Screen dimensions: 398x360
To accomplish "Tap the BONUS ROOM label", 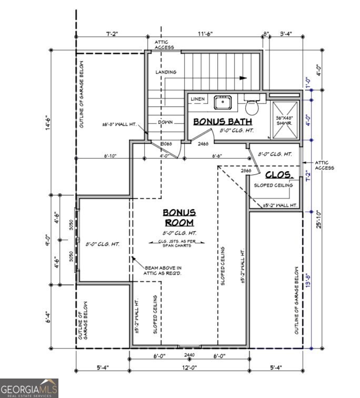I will (179, 217).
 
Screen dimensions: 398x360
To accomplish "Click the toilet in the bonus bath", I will (252, 107).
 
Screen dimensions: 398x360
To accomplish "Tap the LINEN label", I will (197, 99).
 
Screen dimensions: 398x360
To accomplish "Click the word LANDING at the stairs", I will (166, 72).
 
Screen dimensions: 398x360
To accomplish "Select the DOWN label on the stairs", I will (165, 122).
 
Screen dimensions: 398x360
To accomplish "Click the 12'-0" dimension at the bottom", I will (189, 367).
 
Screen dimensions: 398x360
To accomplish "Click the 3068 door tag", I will (166, 143).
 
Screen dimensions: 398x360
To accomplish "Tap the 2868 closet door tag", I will (246, 171).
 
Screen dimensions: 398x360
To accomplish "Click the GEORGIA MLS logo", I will (29, 388).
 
